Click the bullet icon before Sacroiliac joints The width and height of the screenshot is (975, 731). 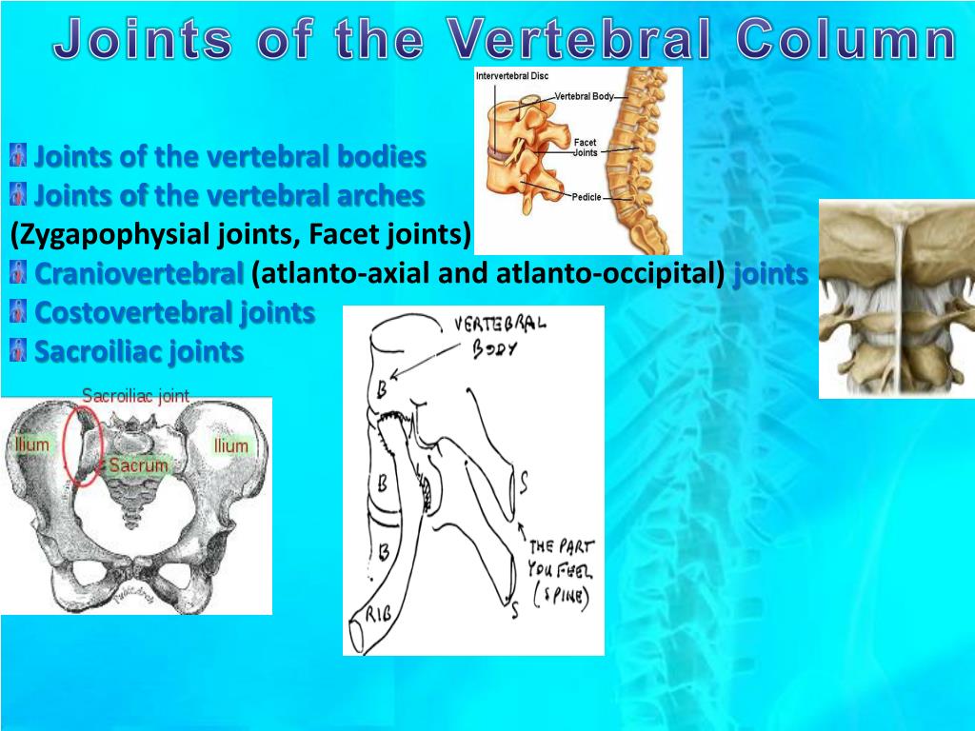[17, 351]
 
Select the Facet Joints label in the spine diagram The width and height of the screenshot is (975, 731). [585, 147]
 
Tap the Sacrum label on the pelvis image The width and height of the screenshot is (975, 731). [138, 465]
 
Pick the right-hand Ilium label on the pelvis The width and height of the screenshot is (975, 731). [230, 445]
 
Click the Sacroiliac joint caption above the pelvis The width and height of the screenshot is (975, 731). [135, 395]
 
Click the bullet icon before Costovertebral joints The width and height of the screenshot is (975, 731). [17, 312]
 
